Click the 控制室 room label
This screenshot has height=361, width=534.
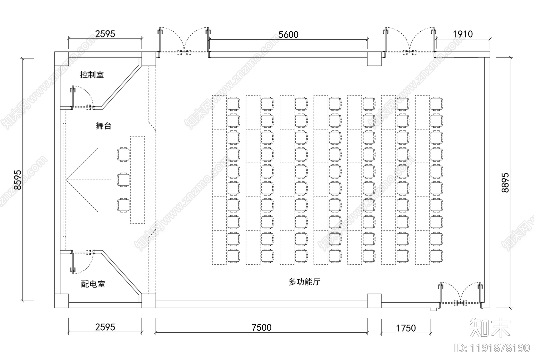coord(92,75)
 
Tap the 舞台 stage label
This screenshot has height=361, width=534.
coord(103,126)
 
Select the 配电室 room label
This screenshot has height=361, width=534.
coord(93,284)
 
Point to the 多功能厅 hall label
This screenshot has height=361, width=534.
coord(304,282)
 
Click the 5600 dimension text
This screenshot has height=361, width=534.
coord(288,34)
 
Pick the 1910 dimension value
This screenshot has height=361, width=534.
coord(463,34)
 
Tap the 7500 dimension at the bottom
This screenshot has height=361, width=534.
coord(262,328)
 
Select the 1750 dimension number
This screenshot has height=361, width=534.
coord(406,328)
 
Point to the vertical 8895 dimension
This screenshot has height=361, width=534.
coord(505,183)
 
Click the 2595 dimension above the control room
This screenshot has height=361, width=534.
coord(105,34)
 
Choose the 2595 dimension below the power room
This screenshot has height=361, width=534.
coord(105,327)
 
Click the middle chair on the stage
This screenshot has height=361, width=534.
coord(123,180)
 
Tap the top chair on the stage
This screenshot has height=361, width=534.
coord(123,154)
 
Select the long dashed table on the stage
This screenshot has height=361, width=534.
coord(138,180)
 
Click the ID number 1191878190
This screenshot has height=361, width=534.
coord(492,348)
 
